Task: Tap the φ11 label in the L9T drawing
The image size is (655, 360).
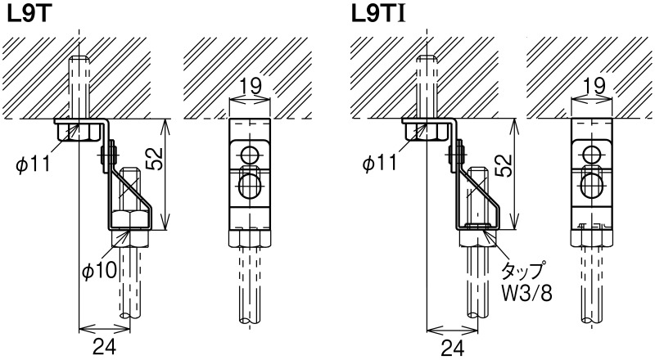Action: (34, 164)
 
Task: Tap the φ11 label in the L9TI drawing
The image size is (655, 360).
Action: (380, 163)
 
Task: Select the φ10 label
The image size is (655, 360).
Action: (100, 271)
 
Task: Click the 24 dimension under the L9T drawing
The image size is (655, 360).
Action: (104, 346)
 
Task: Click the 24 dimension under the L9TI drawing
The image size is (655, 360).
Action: (453, 347)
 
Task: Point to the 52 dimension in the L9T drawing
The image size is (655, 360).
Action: (156, 159)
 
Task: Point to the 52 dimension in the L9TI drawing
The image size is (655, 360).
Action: (504, 165)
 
